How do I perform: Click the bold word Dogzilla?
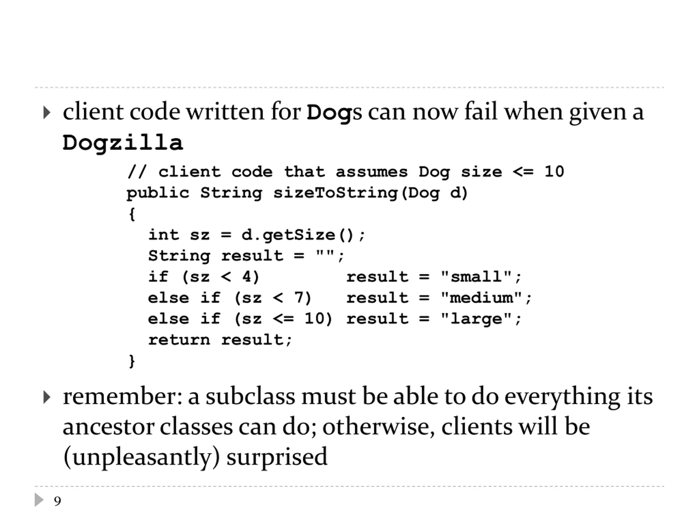pyautogui.click(x=123, y=143)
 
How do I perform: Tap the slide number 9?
pyautogui.click(x=57, y=501)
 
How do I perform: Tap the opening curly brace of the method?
pyautogui.click(x=132, y=214)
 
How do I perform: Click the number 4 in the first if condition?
pyautogui.click(x=247, y=277)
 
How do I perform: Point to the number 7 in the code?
pyautogui.click(x=299, y=298)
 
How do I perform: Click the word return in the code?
pyautogui.click(x=179, y=340)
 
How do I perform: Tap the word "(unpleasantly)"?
pyautogui.click(x=141, y=457)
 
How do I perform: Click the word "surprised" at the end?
pyautogui.click(x=277, y=457)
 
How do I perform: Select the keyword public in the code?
pyautogui.click(x=158, y=193)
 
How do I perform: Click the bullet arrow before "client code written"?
pyautogui.click(x=46, y=113)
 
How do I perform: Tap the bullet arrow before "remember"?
pyautogui.click(x=46, y=398)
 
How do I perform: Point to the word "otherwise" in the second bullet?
pyautogui.click(x=378, y=427)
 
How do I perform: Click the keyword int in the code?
pyautogui.click(x=164, y=235)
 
